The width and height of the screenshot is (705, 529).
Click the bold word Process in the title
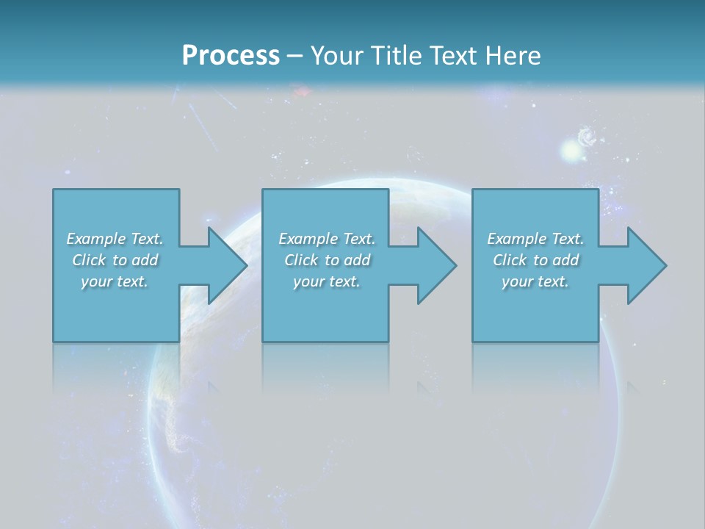[231, 55]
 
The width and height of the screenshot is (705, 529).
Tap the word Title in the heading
[396, 55]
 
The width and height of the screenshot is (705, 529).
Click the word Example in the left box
[96, 239]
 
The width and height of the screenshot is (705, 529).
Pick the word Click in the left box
[89, 260]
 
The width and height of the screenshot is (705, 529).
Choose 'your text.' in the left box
[115, 281]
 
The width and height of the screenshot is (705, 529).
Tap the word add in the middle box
[357, 260]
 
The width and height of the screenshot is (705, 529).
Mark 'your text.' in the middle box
[327, 281]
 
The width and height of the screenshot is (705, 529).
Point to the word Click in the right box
[510, 260]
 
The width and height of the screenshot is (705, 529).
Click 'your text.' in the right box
[535, 281]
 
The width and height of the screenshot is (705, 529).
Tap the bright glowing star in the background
[571, 151]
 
